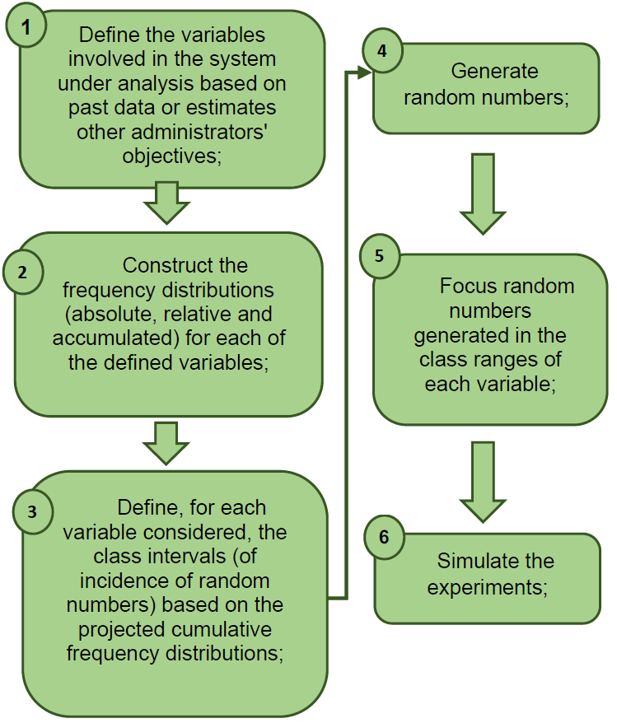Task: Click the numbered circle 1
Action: tap(27, 27)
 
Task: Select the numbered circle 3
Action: tap(32, 511)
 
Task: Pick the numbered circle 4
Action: tap(381, 51)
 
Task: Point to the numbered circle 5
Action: tap(379, 255)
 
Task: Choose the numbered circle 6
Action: tap(384, 536)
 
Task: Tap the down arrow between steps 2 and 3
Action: tap(167, 443)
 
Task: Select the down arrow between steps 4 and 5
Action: tap(483, 193)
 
